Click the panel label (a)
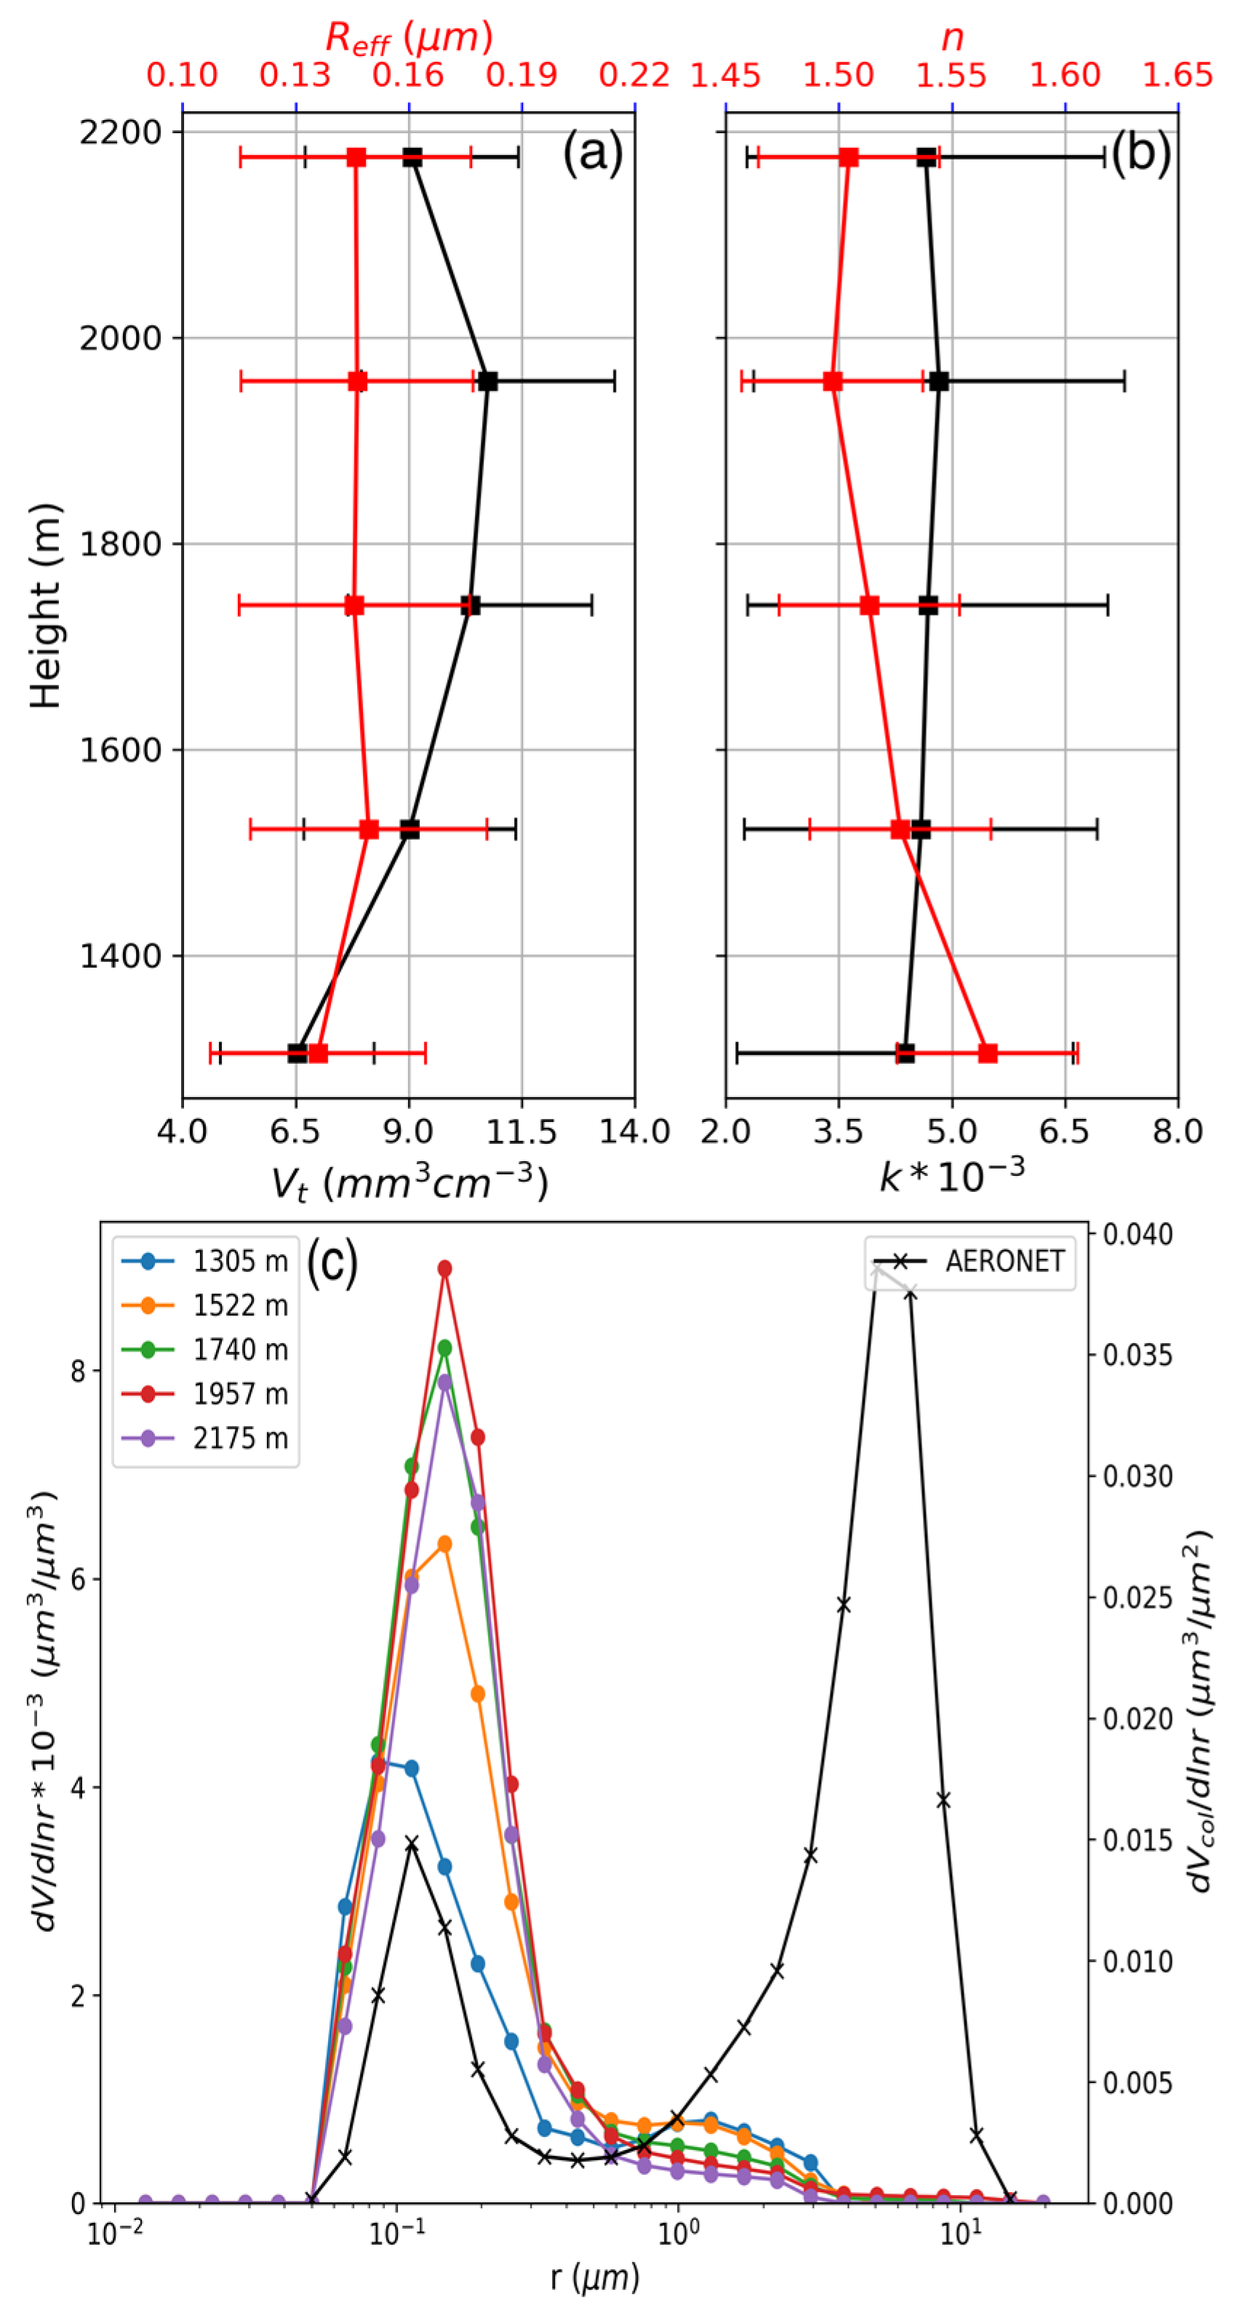click(593, 152)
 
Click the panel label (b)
click(1140, 152)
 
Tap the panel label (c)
click(332, 1262)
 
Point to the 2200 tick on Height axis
click(120, 132)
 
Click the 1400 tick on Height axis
click(120, 956)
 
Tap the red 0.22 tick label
click(634, 76)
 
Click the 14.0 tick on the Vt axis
click(634, 1131)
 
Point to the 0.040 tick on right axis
click(1138, 1235)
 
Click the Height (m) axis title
click(45, 605)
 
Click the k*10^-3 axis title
click(952, 1175)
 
